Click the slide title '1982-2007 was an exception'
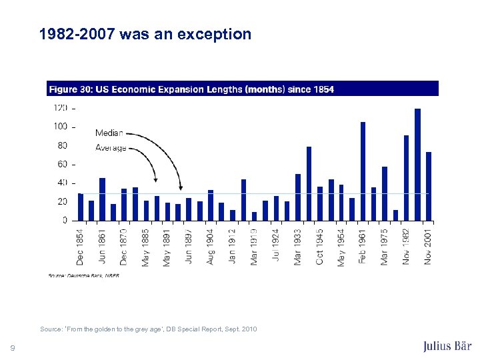(x=145, y=34)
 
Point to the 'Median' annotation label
(x=109, y=133)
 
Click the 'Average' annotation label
(x=111, y=147)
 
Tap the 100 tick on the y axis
(x=60, y=127)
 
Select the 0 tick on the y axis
(x=65, y=220)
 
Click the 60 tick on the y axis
(x=62, y=164)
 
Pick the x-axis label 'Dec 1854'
(x=80, y=246)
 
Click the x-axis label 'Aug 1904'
(x=211, y=246)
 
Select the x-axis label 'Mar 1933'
(x=297, y=246)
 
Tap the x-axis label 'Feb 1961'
(x=363, y=246)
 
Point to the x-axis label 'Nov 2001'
(x=428, y=246)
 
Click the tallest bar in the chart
(x=417, y=164)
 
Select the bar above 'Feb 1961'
(x=363, y=171)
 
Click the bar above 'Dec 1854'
(x=80, y=207)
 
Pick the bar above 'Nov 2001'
(x=429, y=186)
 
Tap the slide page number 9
(x=13, y=346)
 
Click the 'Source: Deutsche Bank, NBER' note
(x=83, y=275)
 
